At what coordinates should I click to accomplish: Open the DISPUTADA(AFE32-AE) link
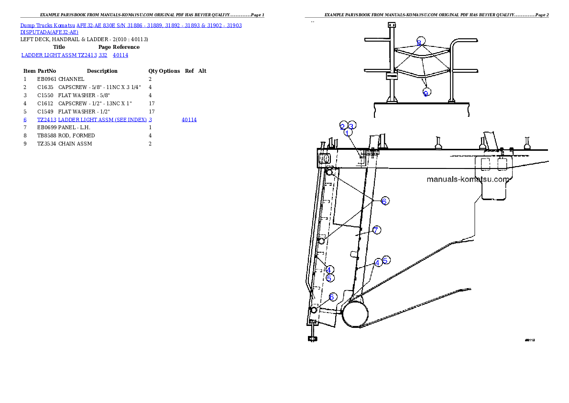pyautogui.click(x=50, y=32)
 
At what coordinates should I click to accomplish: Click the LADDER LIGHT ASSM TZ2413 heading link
pyautogui.click(x=59, y=55)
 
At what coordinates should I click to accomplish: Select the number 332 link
pyautogui.click(x=103, y=55)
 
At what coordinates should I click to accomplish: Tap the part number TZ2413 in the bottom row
pyautogui.click(x=47, y=120)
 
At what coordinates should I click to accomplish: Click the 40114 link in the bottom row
pyautogui.click(x=189, y=120)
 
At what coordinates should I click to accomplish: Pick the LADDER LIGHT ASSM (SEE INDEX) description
pyautogui.click(x=105, y=120)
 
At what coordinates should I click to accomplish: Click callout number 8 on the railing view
pyautogui.click(x=420, y=42)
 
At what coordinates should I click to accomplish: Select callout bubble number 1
pyautogui.click(x=348, y=133)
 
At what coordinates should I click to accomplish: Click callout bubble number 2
pyautogui.click(x=343, y=126)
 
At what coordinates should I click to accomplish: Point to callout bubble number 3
pyautogui.click(x=351, y=126)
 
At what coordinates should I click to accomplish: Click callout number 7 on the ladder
pyautogui.click(x=377, y=230)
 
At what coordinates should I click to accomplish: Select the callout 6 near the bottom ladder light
pyautogui.click(x=332, y=297)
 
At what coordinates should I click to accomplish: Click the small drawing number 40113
pyautogui.click(x=529, y=340)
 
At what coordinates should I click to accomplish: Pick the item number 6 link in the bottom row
pyautogui.click(x=25, y=120)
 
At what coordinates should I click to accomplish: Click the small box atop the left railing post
pyautogui.click(x=392, y=25)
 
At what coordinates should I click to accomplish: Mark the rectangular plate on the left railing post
pyautogui.click(x=392, y=76)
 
